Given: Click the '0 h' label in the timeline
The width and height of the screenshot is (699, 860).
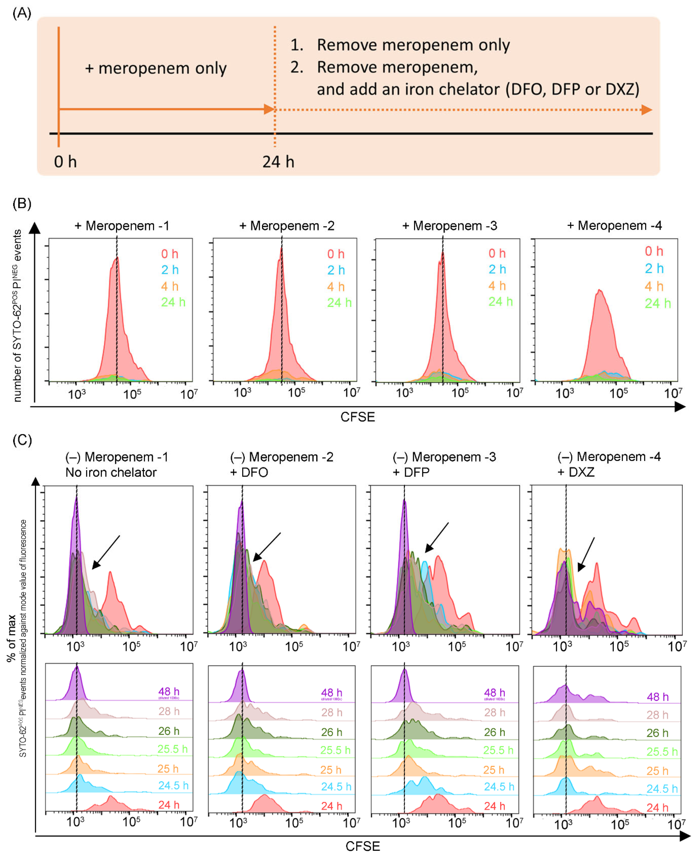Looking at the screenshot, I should pos(65,162).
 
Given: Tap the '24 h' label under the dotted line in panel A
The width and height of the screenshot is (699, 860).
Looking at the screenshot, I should pos(278,162).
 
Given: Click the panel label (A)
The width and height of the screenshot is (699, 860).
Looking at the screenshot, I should pos(22,13).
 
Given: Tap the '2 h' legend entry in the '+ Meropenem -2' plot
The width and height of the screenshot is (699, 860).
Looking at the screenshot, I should pos(336,270).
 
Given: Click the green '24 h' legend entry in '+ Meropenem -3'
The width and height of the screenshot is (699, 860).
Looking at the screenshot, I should pos(500,302).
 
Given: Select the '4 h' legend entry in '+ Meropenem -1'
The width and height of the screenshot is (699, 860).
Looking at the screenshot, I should pos(170,286).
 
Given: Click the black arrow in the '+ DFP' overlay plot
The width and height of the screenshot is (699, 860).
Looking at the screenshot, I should pos(437,537).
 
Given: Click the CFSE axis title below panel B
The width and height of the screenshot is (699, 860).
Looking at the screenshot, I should pos(358,417).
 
